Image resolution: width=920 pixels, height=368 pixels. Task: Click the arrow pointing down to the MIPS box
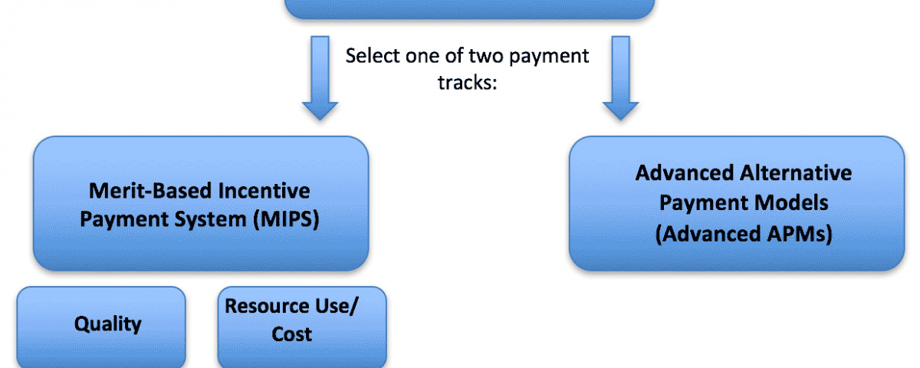click(x=320, y=78)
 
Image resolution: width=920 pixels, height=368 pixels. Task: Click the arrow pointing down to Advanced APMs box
click(x=620, y=78)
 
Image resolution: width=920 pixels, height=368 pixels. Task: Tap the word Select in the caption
click(x=372, y=55)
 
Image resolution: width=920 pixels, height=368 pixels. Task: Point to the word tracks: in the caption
click(x=468, y=83)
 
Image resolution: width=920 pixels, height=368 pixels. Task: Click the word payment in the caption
click(x=549, y=57)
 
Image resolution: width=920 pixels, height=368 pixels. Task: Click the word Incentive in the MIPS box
click(x=264, y=191)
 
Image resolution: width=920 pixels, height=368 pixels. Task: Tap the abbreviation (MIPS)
click(x=286, y=219)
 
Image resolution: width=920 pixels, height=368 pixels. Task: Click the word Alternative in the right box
click(x=796, y=172)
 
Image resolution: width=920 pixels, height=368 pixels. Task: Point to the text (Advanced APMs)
click(x=744, y=234)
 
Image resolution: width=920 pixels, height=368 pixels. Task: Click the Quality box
click(x=101, y=327)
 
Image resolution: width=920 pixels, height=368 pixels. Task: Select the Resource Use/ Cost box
click(x=302, y=327)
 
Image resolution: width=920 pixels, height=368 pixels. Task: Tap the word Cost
click(x=291, y=334)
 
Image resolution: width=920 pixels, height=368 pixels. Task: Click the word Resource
click(x=267, y=306)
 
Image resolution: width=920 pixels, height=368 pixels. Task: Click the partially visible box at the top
click(x=469, y=9)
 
